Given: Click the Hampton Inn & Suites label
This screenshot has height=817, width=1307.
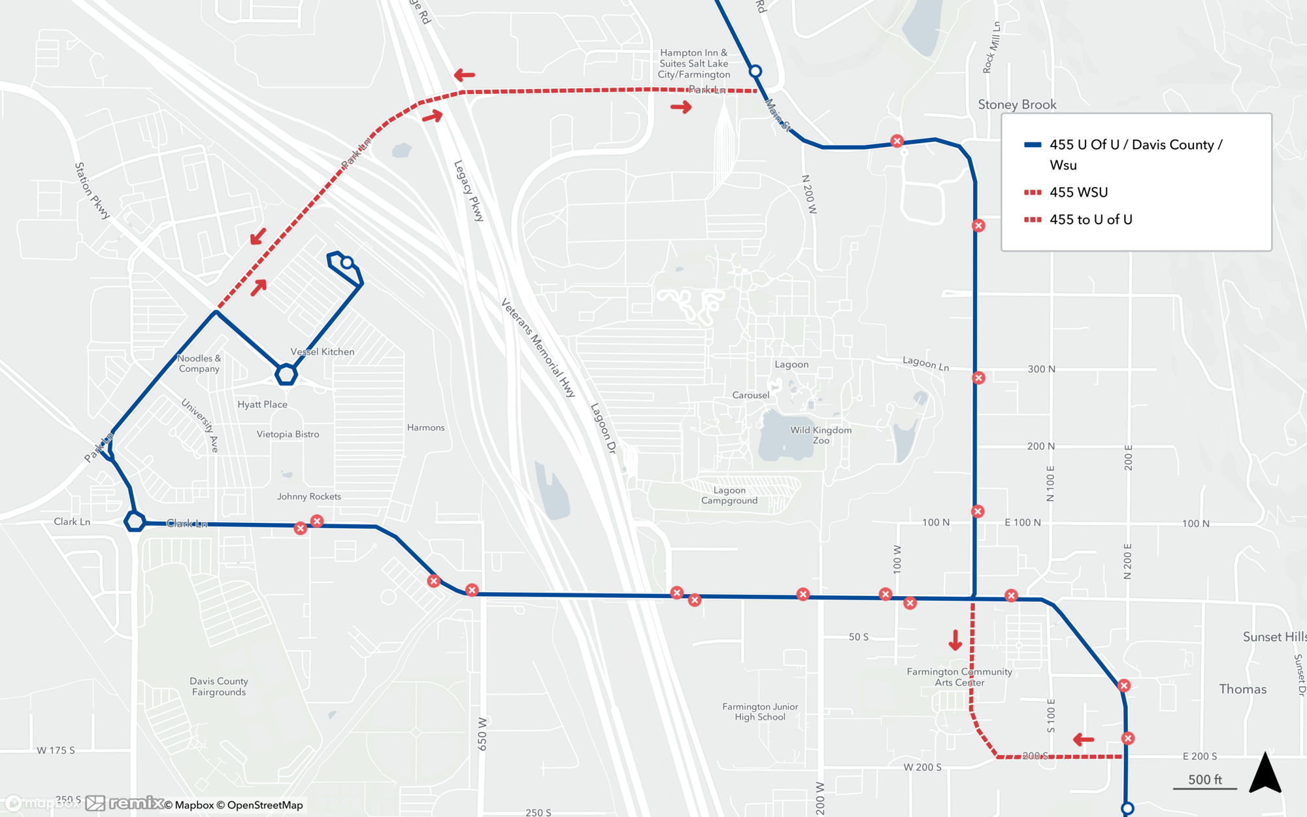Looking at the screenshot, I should coord(693,63).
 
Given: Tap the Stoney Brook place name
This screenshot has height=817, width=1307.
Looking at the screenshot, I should coord(1017,105).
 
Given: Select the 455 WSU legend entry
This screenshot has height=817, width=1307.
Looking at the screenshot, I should coord(1078,192).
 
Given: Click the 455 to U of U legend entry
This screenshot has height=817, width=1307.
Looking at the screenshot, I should coord(1091,220).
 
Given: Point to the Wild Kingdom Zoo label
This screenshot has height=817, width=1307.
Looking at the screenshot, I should coord(821,435).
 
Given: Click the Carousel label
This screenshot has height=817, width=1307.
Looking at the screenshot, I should coord(750,395).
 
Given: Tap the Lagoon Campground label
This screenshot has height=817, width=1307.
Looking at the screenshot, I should coord(729,495).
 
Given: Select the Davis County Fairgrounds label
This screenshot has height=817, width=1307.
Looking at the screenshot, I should coord(218,686).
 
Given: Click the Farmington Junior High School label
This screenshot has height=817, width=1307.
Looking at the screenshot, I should coord(760,712).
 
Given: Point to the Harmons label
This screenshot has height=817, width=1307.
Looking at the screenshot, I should coord(425,427).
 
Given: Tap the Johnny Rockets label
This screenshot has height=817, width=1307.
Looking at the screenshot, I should coord(308,497).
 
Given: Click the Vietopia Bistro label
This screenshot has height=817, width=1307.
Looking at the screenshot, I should coord(288,434).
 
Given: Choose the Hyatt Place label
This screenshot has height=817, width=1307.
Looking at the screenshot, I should coord(262,405).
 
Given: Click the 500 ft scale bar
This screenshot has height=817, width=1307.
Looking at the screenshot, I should coord(1204,781).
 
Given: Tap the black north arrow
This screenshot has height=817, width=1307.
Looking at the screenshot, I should coord(1265,773).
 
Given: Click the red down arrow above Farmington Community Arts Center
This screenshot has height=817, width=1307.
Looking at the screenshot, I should coord(955,640).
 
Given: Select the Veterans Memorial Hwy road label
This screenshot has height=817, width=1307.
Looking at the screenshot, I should coord(538,348).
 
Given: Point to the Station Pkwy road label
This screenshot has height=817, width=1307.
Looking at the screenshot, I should coord(91,190).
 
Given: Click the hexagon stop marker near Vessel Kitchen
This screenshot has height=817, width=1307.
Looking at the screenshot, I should coord(286,375).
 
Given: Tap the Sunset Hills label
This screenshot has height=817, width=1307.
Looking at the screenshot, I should coord(1274,637).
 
